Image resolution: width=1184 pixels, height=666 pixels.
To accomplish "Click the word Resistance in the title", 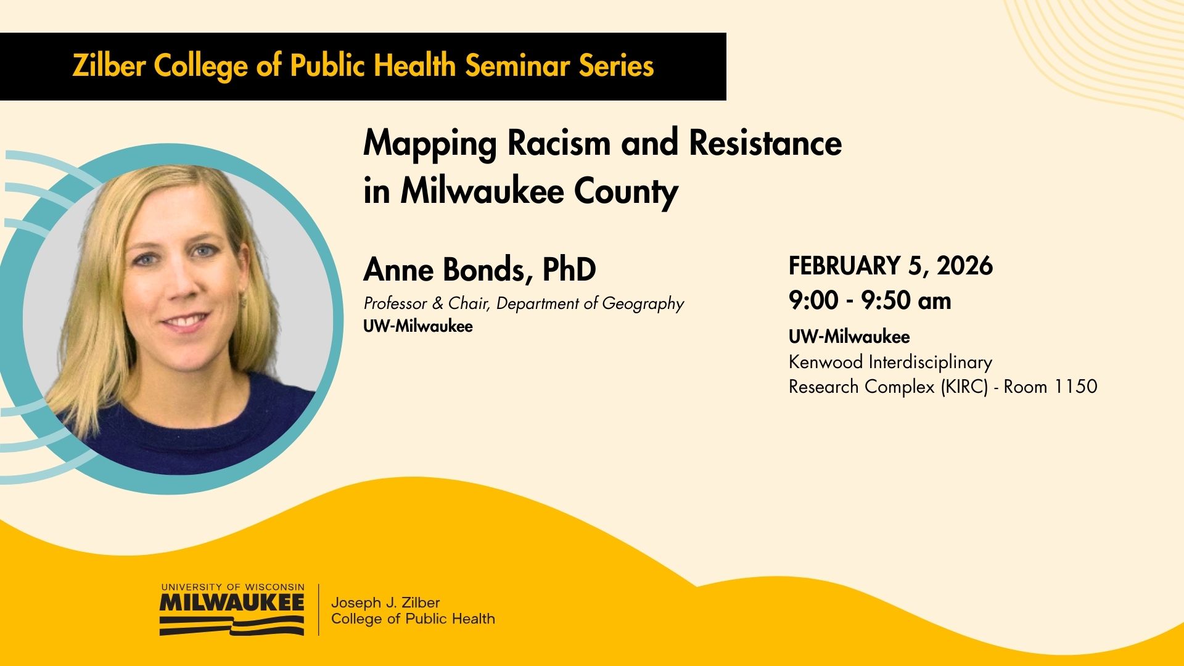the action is pos(765,142).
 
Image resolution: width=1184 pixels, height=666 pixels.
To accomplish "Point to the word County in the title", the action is pos(627,192).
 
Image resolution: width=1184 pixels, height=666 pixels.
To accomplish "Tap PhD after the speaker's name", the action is pos(569,269).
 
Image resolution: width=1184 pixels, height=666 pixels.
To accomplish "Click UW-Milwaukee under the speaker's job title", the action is pos(418,326).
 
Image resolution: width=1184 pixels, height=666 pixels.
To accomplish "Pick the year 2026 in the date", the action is pos(965,266).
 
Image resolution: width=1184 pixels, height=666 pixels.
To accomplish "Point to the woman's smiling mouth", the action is pos(184,321).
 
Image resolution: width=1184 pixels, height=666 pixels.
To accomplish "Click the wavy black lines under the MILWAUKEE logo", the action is pos(232,625).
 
